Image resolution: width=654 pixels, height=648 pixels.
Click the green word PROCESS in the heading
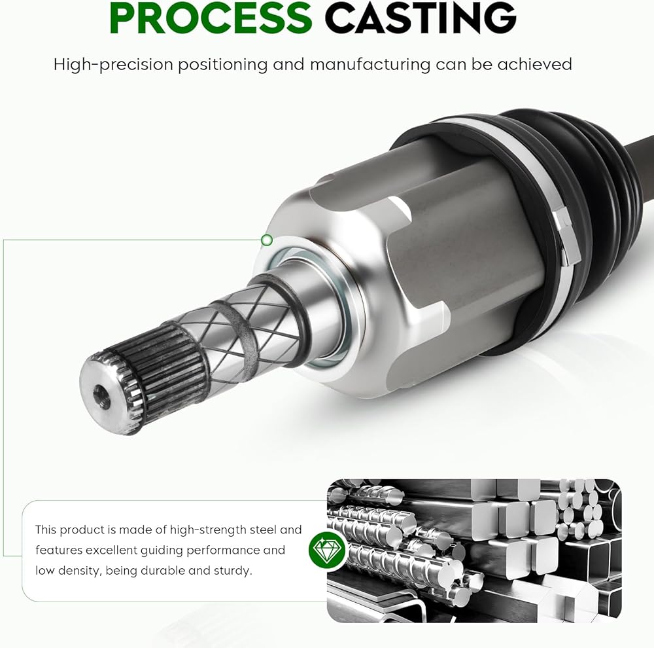pyautogui.click(x=211, y=18)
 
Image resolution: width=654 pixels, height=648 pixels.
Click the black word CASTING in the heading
pyautogui.click(x=421, y=18)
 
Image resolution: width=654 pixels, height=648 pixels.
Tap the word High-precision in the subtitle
pyautogui.click(x=113, y=65)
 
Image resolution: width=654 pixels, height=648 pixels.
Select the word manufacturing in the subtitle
pyautogui.click(x=370, y=65)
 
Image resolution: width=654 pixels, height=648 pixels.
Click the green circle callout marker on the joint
pyautogui.click(x=267, y=240)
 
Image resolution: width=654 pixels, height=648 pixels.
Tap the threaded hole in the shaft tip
pyautogui.click(x=102, y=396)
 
